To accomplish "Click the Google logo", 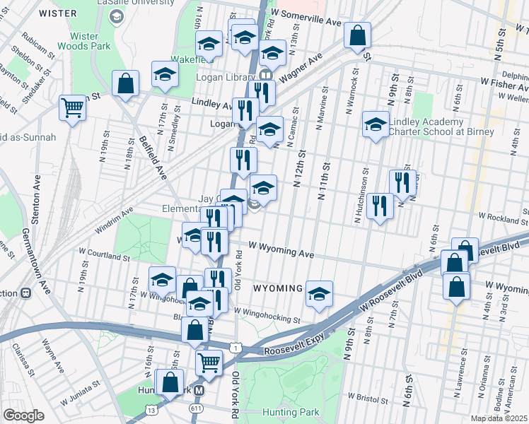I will click(x=23, y=416).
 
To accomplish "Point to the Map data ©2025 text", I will click(x=499, y=418).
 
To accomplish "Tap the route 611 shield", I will click(x=196, y=408).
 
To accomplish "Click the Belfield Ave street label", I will click(x=152, y=157).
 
